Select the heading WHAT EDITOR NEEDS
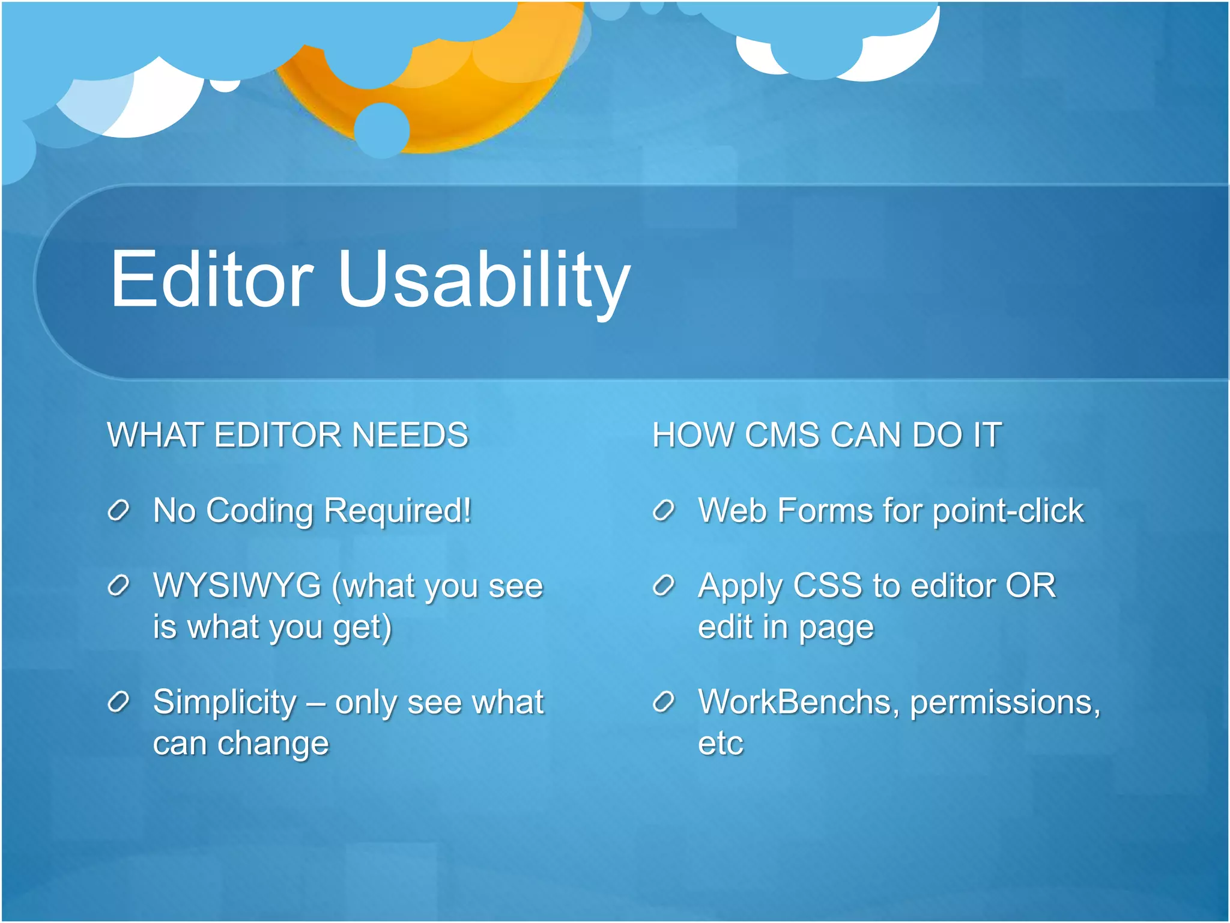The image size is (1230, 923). tap(288, 435)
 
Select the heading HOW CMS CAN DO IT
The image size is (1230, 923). tap(827, 435)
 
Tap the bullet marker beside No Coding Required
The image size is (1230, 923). tap(118, 511)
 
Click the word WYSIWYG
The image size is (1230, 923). tap(237, 585)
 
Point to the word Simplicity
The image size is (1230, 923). tap(225, 702)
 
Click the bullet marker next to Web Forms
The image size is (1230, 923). tap(664, 511)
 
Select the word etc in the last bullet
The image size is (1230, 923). tap(721, 743)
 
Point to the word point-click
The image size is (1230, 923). tap(1008, 511)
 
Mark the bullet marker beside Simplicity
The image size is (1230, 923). tap(118, 702)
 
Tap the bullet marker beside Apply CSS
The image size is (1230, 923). tap(664, 585)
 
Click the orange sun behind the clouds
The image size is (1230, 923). tap(474, 102)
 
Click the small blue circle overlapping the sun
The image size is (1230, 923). tap(382, 130)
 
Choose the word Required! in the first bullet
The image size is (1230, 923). tap(398, 511)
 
